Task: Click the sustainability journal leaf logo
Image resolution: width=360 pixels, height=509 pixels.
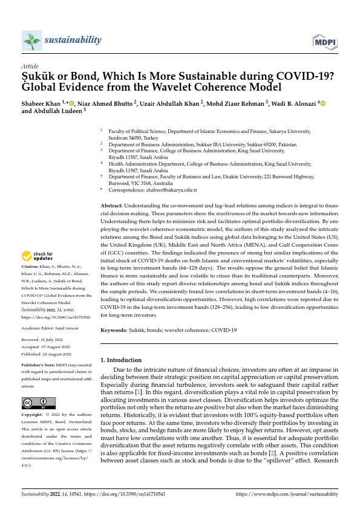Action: click(31, 41)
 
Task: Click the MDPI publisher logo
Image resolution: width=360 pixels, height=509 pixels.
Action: click(325, 41)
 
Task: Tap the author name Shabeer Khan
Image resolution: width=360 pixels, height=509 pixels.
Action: click(43, 103)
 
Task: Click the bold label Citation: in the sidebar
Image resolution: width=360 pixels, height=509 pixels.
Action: click(31, 267)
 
